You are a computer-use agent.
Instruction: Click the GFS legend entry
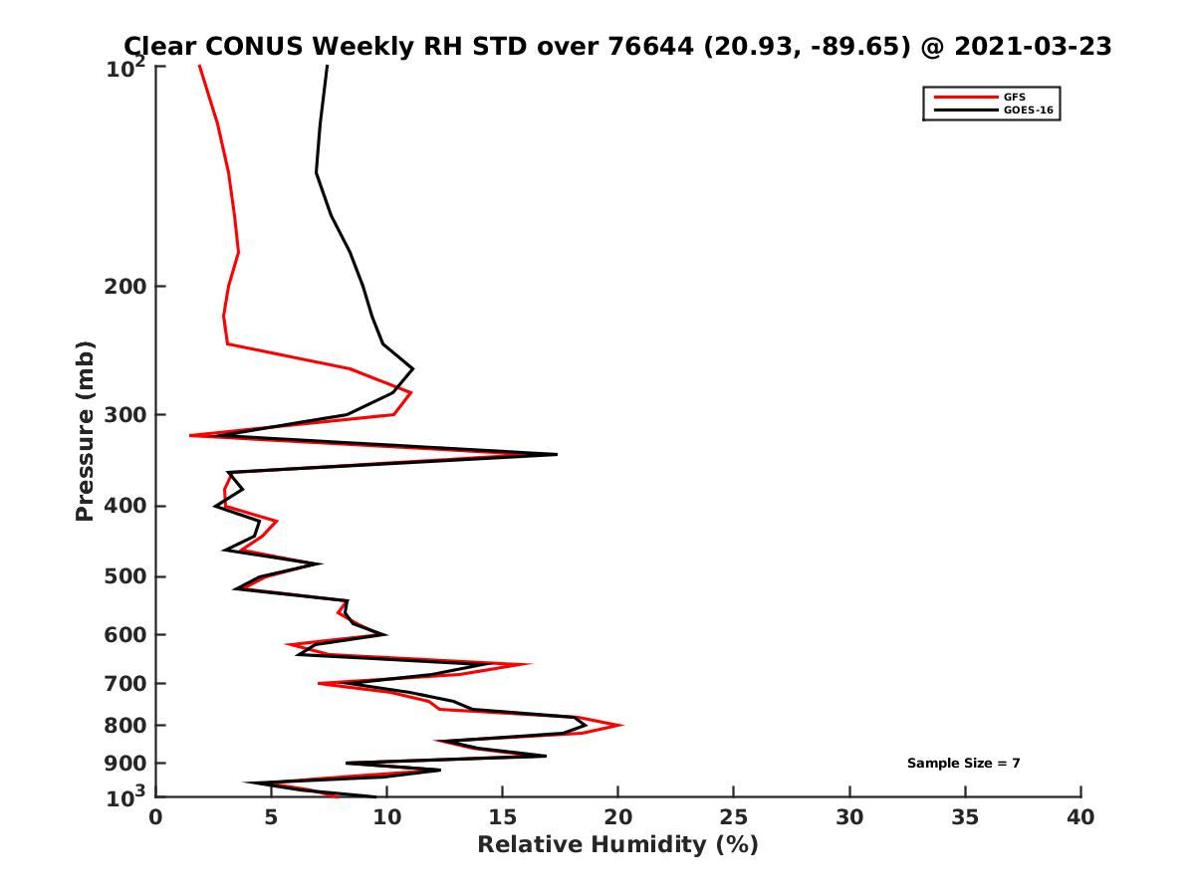coord(1015,97)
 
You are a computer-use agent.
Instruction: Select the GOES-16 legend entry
coord(1026,110)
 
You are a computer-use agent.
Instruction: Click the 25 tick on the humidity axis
coord(734,817)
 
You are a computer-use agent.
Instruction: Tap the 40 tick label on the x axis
coord(1080,817)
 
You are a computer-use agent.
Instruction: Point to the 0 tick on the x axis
coord(156,817)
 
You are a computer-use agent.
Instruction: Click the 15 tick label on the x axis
coord(503,817)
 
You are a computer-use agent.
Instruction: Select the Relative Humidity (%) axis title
coord(617,845)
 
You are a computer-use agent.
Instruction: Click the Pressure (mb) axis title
coord(85,430)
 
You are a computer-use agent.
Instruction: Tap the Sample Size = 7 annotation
coord(963,764)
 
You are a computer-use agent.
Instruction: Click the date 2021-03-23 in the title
coord(1031,47)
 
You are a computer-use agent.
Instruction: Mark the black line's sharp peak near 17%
coord(556,454)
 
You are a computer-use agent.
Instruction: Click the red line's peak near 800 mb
coord(622,725)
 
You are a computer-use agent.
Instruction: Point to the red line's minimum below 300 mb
coord(190,436)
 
